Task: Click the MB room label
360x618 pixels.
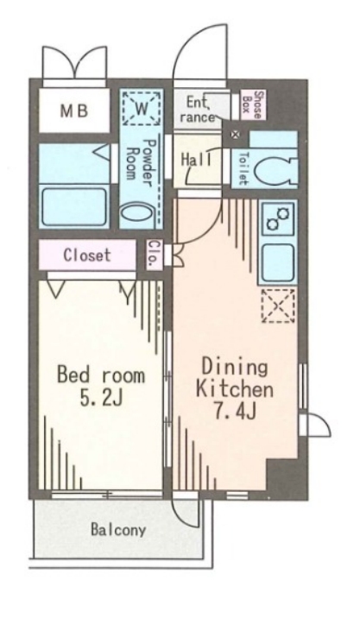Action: pyautogui.click(x=73, y=111)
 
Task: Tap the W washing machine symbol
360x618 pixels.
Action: pyautogui.click(x=142, y=108)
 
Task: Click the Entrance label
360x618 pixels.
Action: pyautogui.click(x=200, y=110)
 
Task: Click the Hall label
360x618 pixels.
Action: pyautogui.click(x=196, y=160)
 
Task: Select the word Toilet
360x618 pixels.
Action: pyautogui.click(x=243, y=168)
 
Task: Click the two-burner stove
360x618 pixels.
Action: pyautogui.click(x=278, y=219)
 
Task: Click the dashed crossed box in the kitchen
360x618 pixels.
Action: pyautogui.click(x=278, y=306)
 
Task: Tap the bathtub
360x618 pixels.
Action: pyautogui.click(x=74, y=206)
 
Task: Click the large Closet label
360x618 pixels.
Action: pyautogui.click(x=87, y=255)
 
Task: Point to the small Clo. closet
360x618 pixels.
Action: pyautogui.click(x=154, y=255)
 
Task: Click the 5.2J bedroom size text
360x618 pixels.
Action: pyautogui.click(x=101, y=399)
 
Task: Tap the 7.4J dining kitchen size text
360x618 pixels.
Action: pyautogui.click(x=235, y=412)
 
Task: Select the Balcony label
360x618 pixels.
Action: pyautogui.click(x=118, y=530)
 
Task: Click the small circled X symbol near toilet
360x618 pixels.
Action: pyautogui.click(x=236, y=135)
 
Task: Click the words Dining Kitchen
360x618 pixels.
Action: pyautogui.click(x=235, y=378)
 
